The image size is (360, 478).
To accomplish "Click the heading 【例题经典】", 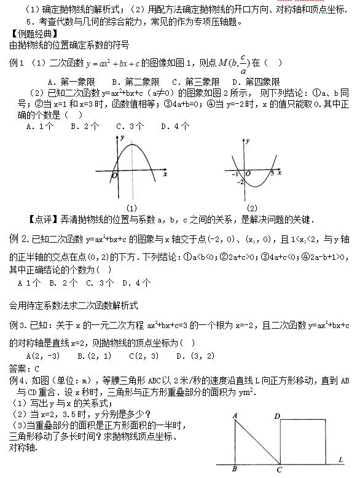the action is pyautogui.click(x=29, y=34).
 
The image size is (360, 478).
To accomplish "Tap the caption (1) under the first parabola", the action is pyautogui.click(x=131, y=207).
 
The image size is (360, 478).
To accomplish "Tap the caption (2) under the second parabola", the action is pyautogui.click(x=252, y=207).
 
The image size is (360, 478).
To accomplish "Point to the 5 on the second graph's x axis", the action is pyautogui.click(x=271, y=174).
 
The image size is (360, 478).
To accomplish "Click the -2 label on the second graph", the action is pyautogui.click(x=240, y=182).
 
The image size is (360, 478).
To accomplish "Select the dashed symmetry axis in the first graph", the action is pyautogui.click(x=133, y=172).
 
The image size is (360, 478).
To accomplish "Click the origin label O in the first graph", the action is pyautogui.click(x=114, y=176).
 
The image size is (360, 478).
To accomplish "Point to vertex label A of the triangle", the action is pyautogui.click(x=235, y=416).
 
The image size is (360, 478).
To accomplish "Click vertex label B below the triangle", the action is pyautogui.click(x=235, y=470).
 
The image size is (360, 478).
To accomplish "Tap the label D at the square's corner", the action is pyautogui.click(x=277, y=416).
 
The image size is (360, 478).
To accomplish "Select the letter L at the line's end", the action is pyautogui.click(x=340, y=459).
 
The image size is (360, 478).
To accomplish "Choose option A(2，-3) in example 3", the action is pyautogui.click(x=43, y=356).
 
